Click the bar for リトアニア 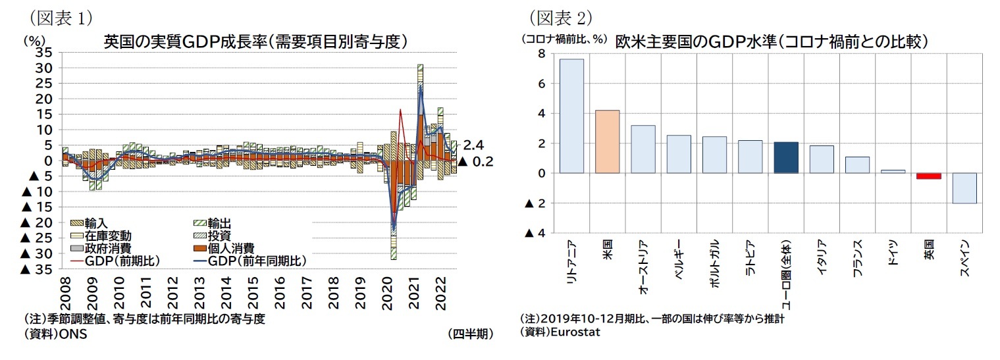pyautogui.click(x=571, y=116)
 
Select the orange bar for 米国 pyautogui.click(x=606, y=141)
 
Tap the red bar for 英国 pyautogui.click(x=928, y=176)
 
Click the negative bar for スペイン pyautogui.click(x=964, y=188)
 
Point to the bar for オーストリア pyautogui.click(x=643, y=149)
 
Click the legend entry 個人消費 pyautogui.click(x=230, y=248)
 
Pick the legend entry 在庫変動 pyautogui.click(x=107, y=236)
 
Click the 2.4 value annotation pyautogui.click(x=473, y=145)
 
